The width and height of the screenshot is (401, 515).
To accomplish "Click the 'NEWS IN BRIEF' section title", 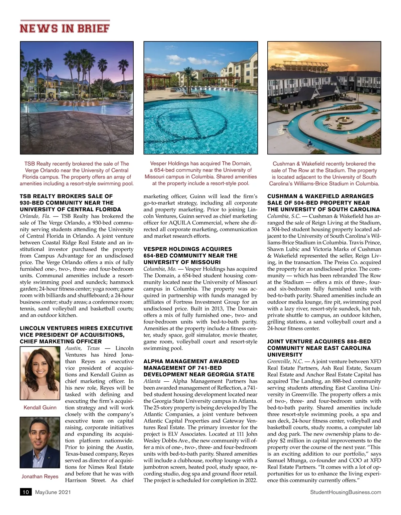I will [x=64, y=28].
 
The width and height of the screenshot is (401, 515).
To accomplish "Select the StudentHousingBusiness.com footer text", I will [x=346, y=492].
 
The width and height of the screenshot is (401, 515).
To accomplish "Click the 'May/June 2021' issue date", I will [x=53, y=492].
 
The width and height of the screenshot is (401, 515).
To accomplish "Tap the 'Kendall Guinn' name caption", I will [x=40, y=407].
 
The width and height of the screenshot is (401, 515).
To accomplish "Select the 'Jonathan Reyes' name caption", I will [x=40, y=476].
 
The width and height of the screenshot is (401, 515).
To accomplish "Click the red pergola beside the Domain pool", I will [x=157, y=79].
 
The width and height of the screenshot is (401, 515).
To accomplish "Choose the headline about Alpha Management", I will [x=199, y=368].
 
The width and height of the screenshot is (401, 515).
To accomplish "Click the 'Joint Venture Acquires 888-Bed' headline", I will [x=319, y=348].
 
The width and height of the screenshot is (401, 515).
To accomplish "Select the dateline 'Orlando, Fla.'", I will [x=35, y=216].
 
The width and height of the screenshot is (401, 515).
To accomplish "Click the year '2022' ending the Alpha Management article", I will [x=251, y=480].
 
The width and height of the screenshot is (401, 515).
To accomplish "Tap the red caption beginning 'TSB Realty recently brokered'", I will [x=77, y=173].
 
